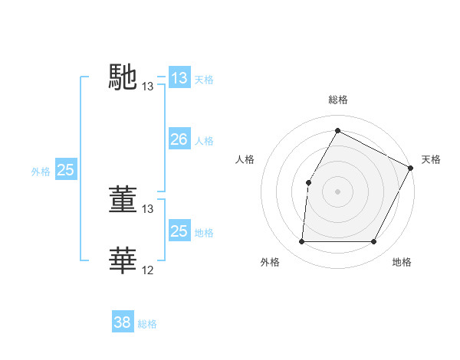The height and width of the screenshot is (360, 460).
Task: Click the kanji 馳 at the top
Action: point(123,77)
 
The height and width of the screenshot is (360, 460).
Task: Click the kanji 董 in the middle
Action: point(123,199)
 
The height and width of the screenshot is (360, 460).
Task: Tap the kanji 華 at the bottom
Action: point(123,260)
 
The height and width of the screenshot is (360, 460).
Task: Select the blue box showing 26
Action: point(179,139)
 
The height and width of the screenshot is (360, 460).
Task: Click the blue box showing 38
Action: point(122,322)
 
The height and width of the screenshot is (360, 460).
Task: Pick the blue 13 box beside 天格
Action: point(179,78)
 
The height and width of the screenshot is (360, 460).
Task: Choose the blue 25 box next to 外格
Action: point(65,170)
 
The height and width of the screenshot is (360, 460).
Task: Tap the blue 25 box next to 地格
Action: point(179,231)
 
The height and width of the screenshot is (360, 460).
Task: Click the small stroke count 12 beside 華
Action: point(148,270)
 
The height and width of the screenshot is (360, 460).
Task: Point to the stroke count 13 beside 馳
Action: point(148,87)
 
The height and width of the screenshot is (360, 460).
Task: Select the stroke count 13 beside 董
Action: point(148,208)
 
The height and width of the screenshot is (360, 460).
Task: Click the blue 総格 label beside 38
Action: point(147,324)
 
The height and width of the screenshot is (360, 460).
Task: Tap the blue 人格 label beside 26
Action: point(204,141)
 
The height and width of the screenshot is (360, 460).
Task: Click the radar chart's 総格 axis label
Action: point(337,100)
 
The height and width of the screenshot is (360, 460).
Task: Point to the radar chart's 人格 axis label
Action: point(245,159)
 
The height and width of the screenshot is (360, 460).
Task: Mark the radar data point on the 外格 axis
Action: point(301,242)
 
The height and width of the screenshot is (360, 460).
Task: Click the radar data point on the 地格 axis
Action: point(374,242)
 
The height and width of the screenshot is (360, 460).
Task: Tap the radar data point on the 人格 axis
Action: point(308,182)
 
